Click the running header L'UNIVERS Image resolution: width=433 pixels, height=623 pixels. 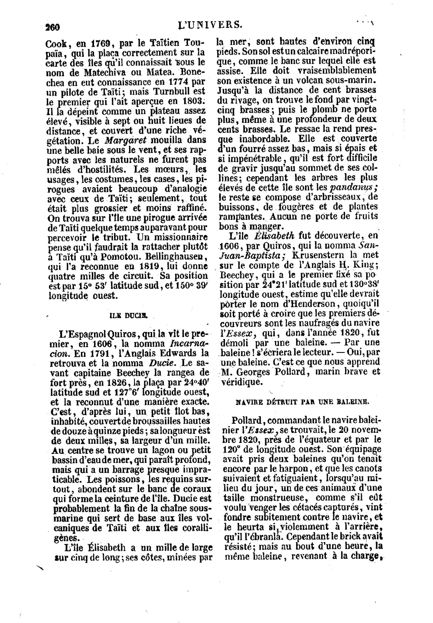pyautogui.click(x=210, y=25)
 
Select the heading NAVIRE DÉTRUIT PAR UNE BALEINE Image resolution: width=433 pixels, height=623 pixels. pyautogui.click(x=302, y=401)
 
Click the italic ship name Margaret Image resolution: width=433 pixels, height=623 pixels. pyautogui.click(x=124, y=140)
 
